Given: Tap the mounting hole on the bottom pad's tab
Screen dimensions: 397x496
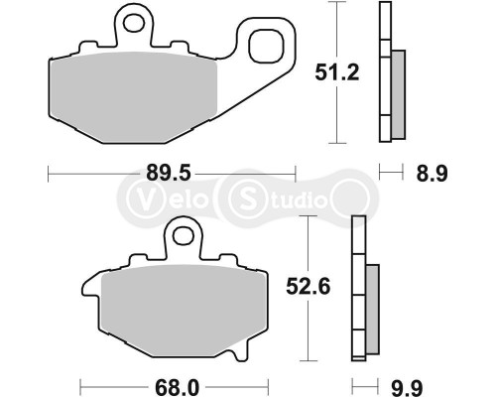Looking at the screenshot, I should point(179,235).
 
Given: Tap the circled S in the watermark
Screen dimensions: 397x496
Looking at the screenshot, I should point(244,198).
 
